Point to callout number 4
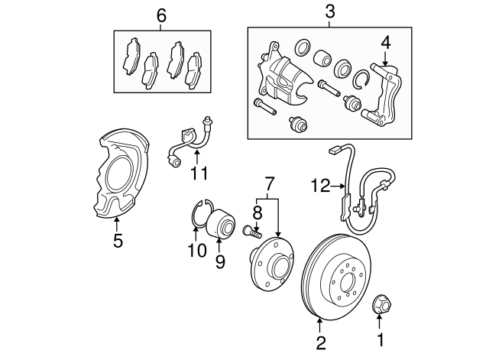pos(386,42)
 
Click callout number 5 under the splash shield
pos(117,239)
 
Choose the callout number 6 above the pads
pos(161,15)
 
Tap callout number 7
pos(268,183)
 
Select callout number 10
pos(196,250)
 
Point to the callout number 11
pos(199,173)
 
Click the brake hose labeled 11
pos(189,140)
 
